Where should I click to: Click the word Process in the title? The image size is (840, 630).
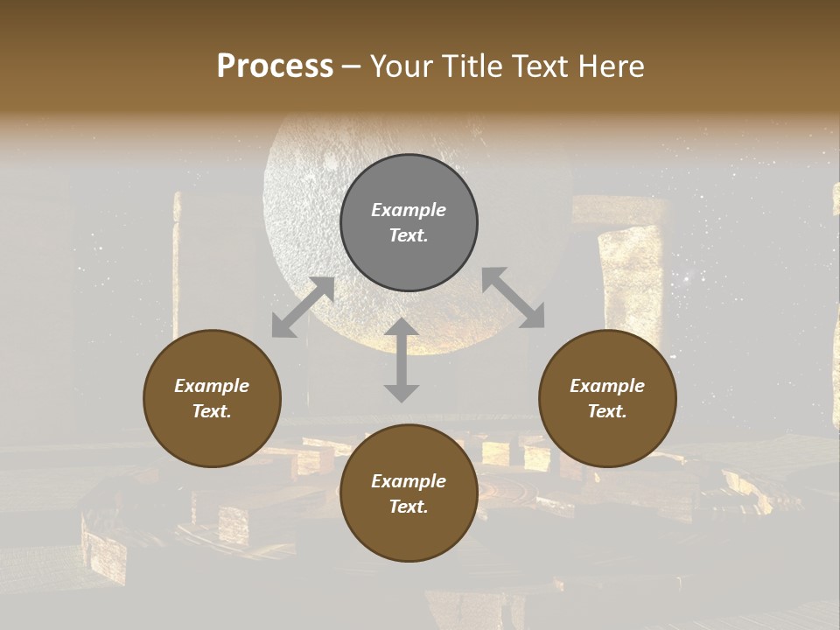coord(275,66)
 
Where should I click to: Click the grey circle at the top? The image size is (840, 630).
coord(409,223)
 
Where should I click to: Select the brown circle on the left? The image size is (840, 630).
coord(212,399)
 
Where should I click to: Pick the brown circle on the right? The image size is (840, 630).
coord(607,399)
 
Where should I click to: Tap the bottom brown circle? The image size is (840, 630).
coord(409,493)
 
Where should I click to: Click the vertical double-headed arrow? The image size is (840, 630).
coord(402,360)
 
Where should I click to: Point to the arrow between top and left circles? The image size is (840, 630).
coord(303,306)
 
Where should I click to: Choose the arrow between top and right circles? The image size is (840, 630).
coord(513,297)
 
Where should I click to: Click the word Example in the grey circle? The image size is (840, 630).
coord(409,210)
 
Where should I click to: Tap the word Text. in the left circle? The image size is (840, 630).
coord(212,411)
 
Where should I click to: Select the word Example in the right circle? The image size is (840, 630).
coord(607,386)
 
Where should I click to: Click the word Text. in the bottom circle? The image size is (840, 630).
coord(409,507)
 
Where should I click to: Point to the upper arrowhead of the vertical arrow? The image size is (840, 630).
coord(402,328)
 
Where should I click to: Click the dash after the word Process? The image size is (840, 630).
coord(352,66)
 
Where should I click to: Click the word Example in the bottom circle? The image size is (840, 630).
coord(409,481)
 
